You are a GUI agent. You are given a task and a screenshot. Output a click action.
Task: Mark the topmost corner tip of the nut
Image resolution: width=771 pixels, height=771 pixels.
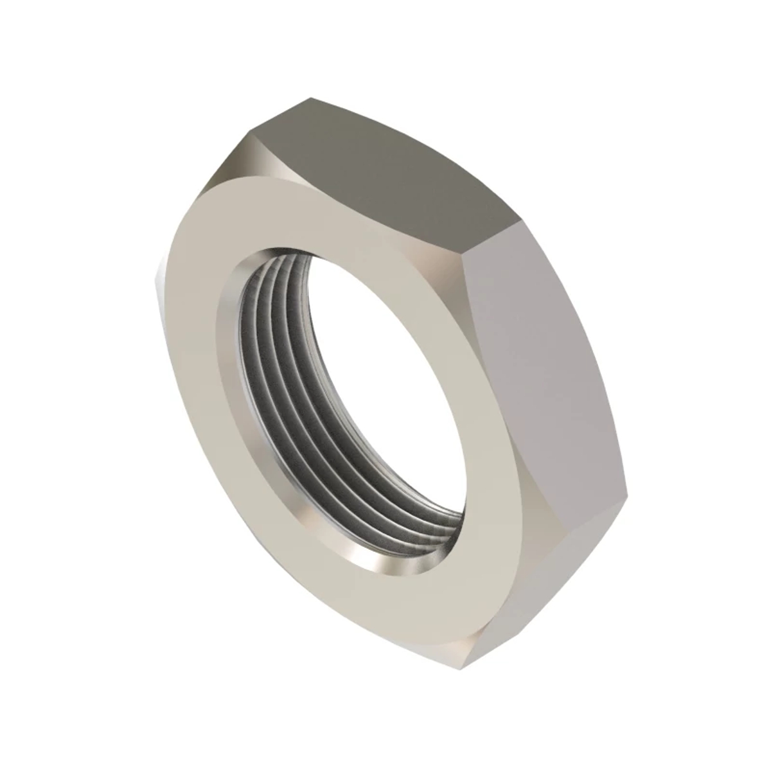[x=311, y=98]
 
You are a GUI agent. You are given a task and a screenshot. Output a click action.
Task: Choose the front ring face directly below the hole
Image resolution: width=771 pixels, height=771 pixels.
[x=398, y=598]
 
